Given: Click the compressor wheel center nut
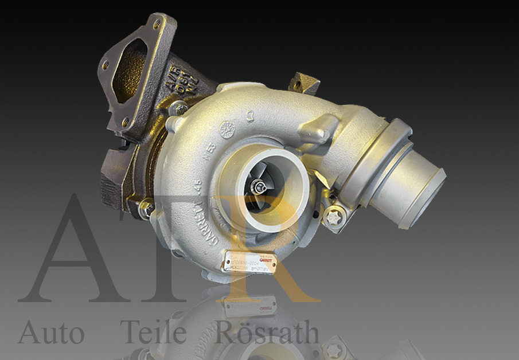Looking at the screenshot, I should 259,186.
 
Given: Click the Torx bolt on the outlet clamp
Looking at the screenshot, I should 334,216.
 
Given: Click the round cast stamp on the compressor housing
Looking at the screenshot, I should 227,130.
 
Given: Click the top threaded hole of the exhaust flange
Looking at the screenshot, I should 157,24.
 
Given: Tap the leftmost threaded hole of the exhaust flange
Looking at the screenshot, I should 106,65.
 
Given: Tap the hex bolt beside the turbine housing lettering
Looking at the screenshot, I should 179,108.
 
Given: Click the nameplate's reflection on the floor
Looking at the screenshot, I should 250,306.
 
